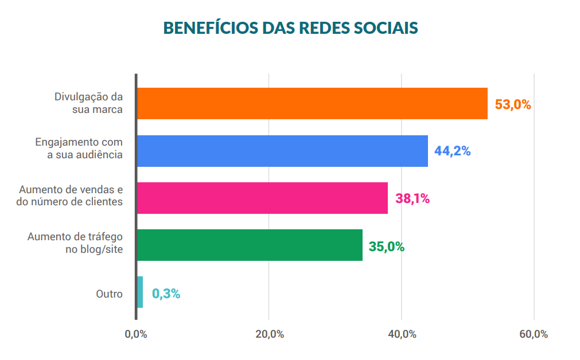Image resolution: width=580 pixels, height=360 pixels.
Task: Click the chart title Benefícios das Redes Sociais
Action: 290,28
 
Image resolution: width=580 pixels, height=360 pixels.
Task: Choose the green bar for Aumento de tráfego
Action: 250,245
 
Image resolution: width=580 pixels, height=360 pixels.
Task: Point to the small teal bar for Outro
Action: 140,292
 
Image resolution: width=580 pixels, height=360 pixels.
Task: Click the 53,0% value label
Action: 513,105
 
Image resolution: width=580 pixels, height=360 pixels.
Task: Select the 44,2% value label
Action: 452,152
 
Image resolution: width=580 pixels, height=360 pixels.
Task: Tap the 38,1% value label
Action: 412,199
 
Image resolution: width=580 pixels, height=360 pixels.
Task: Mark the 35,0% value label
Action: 387,247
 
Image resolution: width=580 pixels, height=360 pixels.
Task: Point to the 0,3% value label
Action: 166,294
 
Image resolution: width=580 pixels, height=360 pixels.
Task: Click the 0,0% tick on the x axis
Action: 136,335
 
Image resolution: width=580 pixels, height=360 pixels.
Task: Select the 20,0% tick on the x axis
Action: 269,335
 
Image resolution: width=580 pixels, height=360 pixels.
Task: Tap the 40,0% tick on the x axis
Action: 402,335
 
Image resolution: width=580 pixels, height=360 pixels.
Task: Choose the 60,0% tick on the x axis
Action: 534,335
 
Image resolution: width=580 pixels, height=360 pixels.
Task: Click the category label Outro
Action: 109,294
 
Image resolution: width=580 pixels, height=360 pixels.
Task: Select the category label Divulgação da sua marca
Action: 89,103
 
